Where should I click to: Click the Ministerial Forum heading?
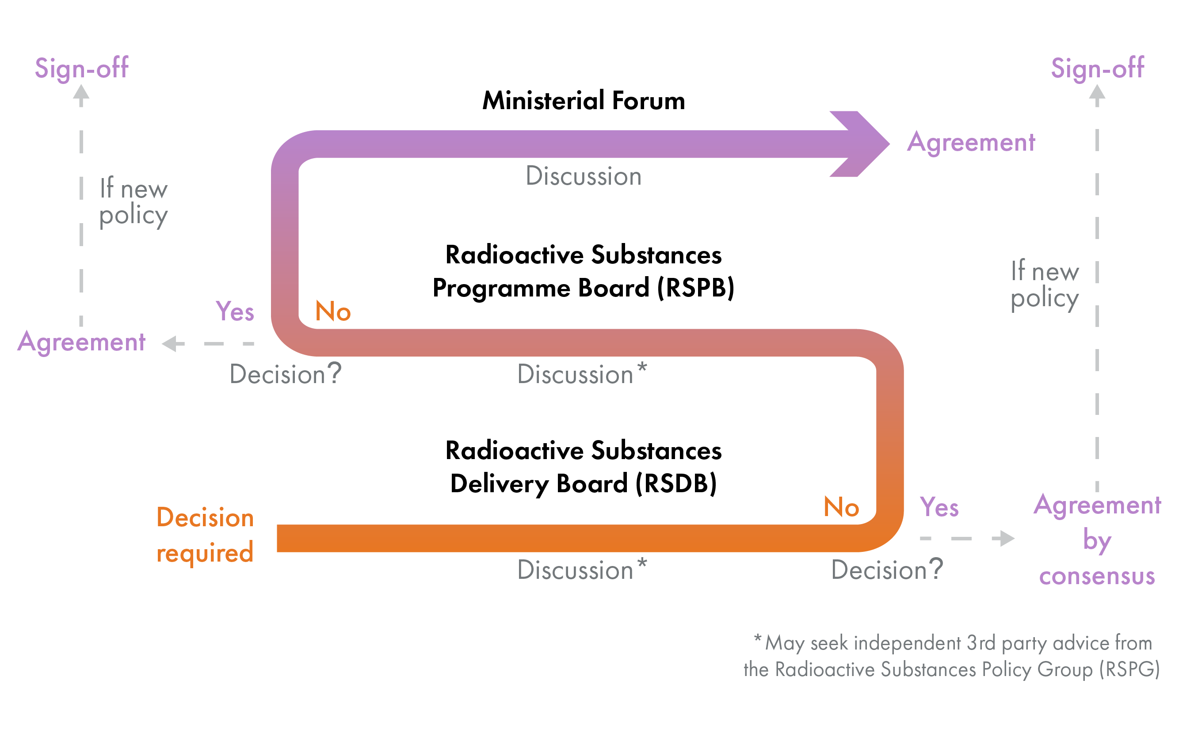click(583, 100)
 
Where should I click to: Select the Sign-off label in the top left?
click(81, 68)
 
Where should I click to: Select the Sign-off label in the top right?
click(1097, 68)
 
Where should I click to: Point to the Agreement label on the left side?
click(81, 342)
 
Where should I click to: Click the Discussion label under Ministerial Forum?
click(583, 176)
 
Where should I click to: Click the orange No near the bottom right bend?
click(841, 507)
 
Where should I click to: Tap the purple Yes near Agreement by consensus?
click(939, 507)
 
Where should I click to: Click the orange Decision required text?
click(205, 535)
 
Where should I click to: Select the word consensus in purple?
click(1097, 576)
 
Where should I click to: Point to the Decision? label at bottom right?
click(887, 570)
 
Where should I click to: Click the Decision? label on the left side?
click(285, 374)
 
